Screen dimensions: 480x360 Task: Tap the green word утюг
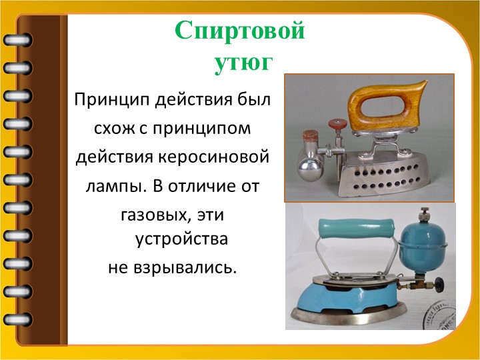244,64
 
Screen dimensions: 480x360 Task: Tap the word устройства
181,239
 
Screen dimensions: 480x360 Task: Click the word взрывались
185,268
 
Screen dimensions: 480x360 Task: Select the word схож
115,129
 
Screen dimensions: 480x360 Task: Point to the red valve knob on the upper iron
337,124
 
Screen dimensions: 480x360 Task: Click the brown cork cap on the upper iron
311,135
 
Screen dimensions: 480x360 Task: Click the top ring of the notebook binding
17,40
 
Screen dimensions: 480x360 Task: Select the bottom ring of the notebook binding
17,319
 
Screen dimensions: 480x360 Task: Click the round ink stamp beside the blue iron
440,315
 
